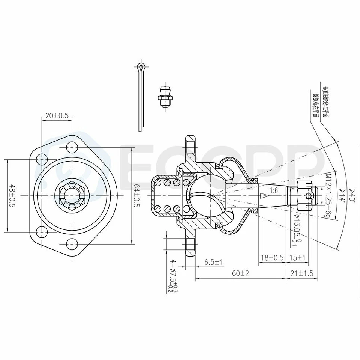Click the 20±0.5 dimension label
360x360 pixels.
pyautogui.click(x=57, y=116)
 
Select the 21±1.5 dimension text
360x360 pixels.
pyautogui.click(x=302, y=273)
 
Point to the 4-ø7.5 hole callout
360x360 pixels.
pyautogui.click(x=173, y=276)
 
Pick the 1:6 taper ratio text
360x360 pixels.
pyautogui.click(x=274, y=190)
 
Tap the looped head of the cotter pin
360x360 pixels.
pyautogui.click(x=141, y=68)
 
